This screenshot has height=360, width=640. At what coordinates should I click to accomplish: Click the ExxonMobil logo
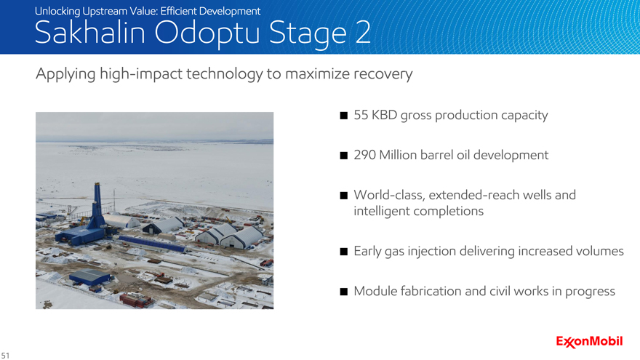[589, 342]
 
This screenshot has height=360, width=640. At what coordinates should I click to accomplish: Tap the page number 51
[5, 356]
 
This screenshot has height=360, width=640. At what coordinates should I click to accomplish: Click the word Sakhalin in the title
[89, 33]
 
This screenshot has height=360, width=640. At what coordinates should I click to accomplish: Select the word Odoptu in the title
[207, 33]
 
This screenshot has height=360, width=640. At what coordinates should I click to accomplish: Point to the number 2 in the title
[363, 33]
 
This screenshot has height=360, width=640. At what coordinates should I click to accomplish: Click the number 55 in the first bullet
[361, 115]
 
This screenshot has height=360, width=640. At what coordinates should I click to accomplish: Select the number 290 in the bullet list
[364, 155]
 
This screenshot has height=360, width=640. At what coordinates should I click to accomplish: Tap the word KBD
[384, 115]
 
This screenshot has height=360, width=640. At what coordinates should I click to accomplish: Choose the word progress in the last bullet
[590, 292]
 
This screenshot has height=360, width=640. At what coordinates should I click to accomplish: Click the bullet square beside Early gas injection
[344, 252]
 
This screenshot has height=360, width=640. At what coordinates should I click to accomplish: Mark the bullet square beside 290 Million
[344, 156]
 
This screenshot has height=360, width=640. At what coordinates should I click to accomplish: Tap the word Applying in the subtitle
[65, 75]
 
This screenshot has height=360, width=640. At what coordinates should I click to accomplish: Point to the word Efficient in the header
[178, 11]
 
